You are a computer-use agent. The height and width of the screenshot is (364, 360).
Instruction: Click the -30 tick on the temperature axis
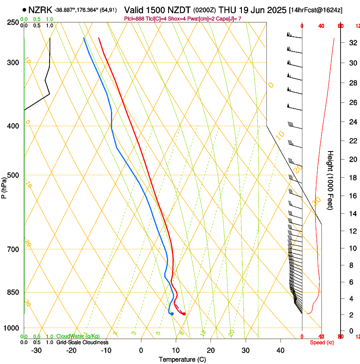tap(36, 350)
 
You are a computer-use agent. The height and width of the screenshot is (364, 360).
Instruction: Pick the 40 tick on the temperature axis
tap(280, 350)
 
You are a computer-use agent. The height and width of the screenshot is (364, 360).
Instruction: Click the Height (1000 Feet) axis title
tap(330, 180)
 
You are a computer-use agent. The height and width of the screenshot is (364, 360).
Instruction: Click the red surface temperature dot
tap(184, 314)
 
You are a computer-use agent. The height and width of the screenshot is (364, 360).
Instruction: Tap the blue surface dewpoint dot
tap(172, 314)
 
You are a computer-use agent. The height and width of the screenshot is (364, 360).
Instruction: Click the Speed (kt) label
tap(322, 342)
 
